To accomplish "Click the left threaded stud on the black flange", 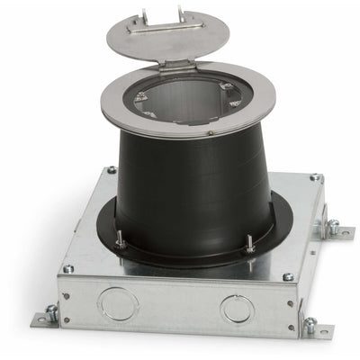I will click(121, 238).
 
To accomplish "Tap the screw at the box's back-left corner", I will click(112, 169).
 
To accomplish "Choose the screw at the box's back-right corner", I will click(314, 178).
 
